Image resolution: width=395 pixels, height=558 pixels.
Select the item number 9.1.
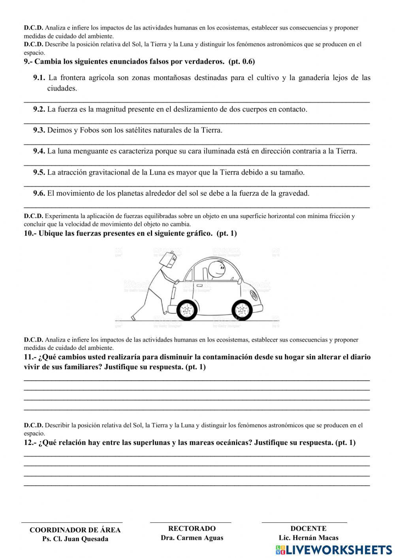[39, 78]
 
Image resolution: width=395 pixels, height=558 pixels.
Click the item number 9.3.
[39, 130]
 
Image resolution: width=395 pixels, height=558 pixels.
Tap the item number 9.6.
[39, 194]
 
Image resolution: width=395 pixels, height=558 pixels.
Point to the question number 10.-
[30, 233]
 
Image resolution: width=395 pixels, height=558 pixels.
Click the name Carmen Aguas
[200, 538]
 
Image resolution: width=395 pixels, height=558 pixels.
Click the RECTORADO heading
[192, 528]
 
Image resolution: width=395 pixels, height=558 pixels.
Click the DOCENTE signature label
[308, 528]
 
